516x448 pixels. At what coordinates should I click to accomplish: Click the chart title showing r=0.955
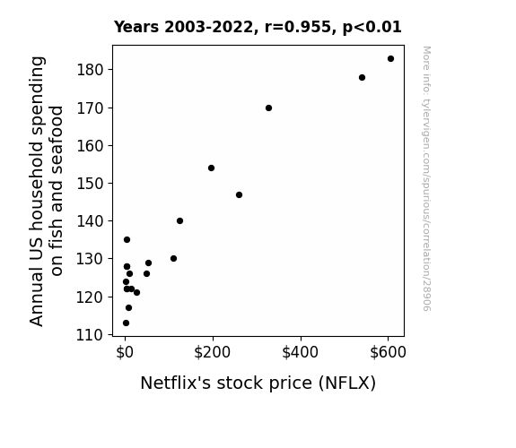pyautogui.click(x=258, y=27)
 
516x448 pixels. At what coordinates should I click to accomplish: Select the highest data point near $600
pyautogui.click(x=390, y=59)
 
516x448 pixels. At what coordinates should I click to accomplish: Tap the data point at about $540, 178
pyautogui.click(x=362, y=78)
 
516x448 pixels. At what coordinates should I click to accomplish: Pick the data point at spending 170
pyautogui.click(x=268, y=108)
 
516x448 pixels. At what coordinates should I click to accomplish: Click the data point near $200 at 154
pyautogui.click(x=211, y=168)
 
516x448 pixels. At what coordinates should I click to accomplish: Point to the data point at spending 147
pyautogui.click(x=240, y=195)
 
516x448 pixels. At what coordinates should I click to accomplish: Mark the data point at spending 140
pyautogui.click(x=179, y=221)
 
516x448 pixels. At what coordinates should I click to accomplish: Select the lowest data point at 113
pyautogui.click(x=126, y=323)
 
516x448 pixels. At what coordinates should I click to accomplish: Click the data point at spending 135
pyautogui.click(x=127, y=239)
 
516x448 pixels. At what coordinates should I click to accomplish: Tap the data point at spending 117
pyautogui.click(x=128, y=307)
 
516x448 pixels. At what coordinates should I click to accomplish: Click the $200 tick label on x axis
pyautogui.click(x=213, y=352)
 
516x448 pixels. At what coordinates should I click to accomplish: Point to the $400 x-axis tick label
pyautogui.click(x=300, y=352)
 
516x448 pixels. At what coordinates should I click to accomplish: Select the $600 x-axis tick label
pyautogui.click(x=388, y=352)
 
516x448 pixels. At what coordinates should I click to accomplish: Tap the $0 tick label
pyautogui.click(x=125, y=352)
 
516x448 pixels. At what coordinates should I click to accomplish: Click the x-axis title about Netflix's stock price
pyautogui.click(x=258, y=383)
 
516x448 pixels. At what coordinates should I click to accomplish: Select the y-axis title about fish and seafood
pyautogui.click(x=46, y=191)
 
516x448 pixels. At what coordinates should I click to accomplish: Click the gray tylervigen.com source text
pyautogui.click(x=426, y=178)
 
